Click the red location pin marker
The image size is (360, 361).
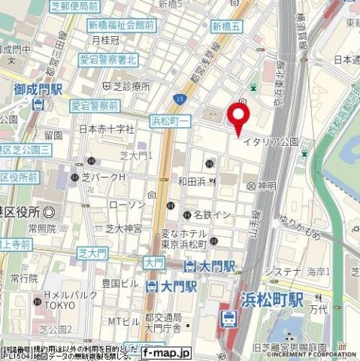coord(239,120)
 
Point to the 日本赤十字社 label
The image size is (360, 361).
coord(105,129)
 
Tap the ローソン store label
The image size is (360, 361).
coord(121,204)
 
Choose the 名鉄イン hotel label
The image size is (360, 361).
coord(209,215)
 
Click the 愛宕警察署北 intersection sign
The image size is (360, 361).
coord(108,59)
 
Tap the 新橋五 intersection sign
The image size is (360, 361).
coord(227,26)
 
